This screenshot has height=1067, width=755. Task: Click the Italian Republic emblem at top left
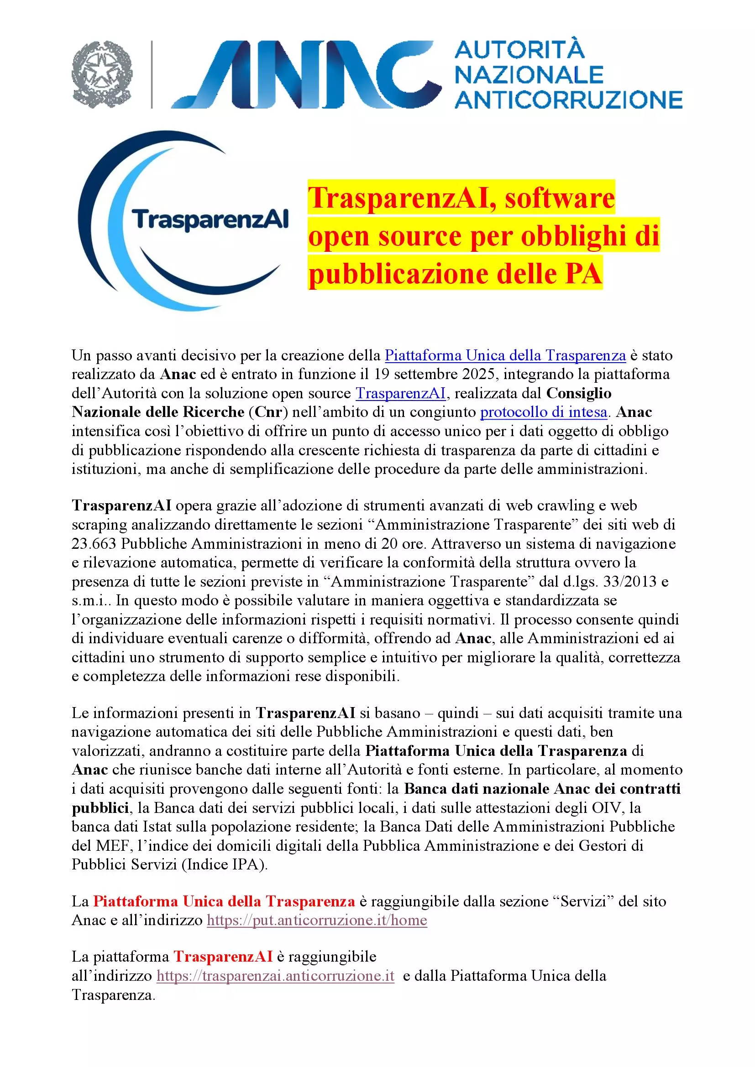coord(102,74)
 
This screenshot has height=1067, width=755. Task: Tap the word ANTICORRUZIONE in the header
coord(568,100)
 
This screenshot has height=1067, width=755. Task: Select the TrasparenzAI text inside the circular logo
coord(210,219)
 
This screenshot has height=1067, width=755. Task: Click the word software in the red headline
coord(560,198)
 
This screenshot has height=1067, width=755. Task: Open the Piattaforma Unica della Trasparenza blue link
coord(505,355)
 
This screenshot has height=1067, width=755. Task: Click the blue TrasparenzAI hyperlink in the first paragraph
coord(400,393)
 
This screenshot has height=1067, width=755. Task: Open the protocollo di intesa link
coord(544,412)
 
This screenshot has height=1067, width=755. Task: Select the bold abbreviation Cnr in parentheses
coord(269,412)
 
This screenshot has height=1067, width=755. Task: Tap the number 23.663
coord(94,543)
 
